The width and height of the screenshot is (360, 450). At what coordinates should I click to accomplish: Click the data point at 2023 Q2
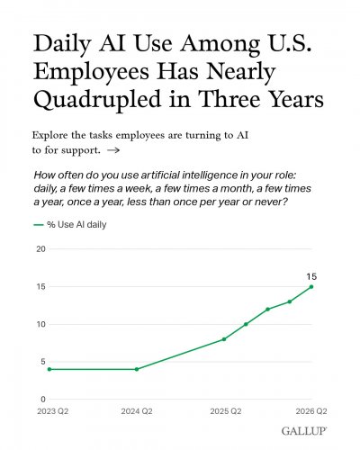pos(49,369)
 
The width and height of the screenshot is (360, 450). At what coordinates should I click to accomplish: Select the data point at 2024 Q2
pos(137,369)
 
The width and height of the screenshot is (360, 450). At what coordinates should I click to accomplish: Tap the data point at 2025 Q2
pos(224,339)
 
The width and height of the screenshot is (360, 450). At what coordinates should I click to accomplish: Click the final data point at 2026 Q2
pos(311,287)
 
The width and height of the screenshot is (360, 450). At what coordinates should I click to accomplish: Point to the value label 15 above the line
pos(311,276)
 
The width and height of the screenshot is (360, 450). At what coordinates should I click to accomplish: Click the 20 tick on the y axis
pos(40,249)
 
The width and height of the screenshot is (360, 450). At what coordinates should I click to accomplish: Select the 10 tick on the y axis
pos(40,324)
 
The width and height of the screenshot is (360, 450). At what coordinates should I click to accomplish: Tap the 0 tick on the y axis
pos(43,400)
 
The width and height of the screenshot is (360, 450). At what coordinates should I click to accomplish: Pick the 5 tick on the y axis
pos(43,362)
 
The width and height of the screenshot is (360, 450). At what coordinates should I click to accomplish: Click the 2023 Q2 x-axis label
pos(53,411)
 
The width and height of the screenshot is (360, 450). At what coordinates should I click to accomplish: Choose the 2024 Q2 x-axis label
pos(137,411)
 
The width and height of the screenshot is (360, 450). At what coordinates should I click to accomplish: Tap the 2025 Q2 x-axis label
pos(226,411)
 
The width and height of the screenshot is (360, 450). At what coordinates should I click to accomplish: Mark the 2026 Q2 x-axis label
pos(311,411)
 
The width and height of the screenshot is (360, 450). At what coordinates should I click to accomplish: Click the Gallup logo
pos(304,431)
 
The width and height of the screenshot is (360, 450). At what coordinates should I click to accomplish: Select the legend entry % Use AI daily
pos(70,225)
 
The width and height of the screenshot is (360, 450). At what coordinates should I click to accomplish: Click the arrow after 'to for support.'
pos(113,150)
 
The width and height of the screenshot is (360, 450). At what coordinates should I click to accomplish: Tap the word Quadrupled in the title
pos(97,100)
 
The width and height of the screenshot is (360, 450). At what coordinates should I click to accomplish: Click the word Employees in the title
pos(91,72)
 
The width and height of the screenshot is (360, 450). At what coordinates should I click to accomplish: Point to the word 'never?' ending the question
pos(271,202)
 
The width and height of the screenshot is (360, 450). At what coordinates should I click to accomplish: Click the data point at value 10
pos(246,324)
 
